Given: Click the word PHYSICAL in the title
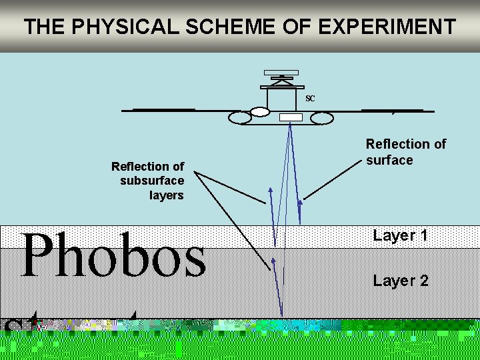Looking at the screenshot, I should click(117, 27).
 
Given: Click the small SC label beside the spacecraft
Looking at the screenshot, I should click(310, 99).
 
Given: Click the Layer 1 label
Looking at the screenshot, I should click(400, 235).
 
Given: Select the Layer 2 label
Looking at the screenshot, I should click(401, 281).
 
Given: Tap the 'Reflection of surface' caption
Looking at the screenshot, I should click(405, 152).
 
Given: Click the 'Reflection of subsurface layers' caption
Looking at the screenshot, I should click(148, 181).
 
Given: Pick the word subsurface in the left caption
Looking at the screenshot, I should click(152, 181).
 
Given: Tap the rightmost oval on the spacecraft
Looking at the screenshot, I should click(321, 118).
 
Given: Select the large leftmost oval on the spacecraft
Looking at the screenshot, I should click(239, 118).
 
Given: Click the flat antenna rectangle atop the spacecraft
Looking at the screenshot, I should click(281, 72).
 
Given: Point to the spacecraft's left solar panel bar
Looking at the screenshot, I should click(164, 109).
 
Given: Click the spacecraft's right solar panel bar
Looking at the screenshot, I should click(392, 110).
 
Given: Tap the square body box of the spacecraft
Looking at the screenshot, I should click(281, 99).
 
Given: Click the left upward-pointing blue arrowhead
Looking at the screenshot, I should click(271, 191).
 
